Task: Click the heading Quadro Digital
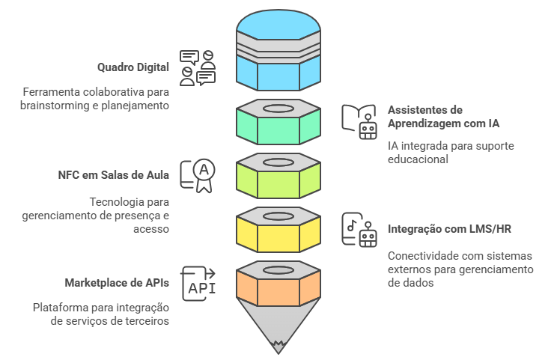133,67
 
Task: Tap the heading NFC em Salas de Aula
113,175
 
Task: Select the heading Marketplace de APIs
116,284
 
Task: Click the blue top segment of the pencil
278,72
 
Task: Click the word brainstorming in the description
53,106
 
